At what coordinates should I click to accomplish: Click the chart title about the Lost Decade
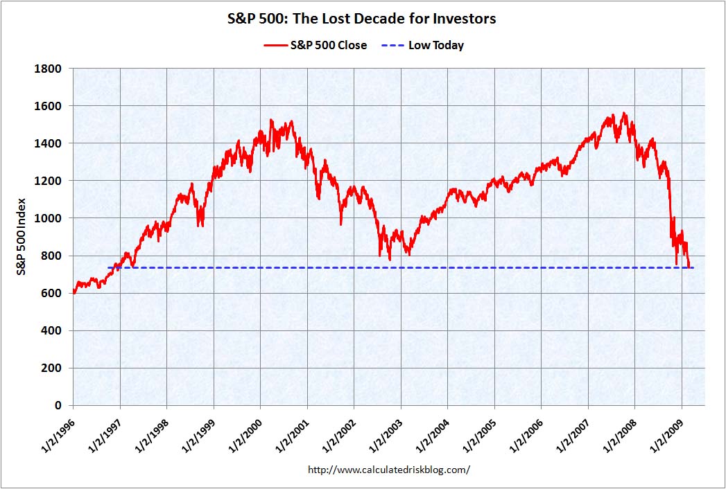pyautogui.click(x=363, y=19)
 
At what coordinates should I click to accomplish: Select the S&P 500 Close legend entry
pyautogui.click(x=315, y=45)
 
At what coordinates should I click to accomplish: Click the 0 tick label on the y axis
pyautogui.click(x=58, y=405)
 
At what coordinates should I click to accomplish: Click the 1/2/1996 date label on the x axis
pyautogui.click(x=58, y=435)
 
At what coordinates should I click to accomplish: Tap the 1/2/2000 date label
pyautogui.click(x=245, y=435)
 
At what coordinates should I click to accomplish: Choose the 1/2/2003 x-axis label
pyautogui.click(x=385, y=435)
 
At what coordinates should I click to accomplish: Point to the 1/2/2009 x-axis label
pyautogui.click(x=666, y=435)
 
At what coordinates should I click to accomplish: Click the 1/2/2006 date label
pyautogui.click(x=526, y=435)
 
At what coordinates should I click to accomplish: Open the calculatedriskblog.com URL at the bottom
pyautogui.click(x=388, y=470)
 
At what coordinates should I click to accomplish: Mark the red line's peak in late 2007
pyautogui.click(x=625, y=113)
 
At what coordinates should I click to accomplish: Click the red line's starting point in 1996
pyautogui.click(x=74, y=292)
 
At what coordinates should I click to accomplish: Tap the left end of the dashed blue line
pyautogui.click(x=108, y=267)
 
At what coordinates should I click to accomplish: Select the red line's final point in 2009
pyautogui.click(x=690, y=267)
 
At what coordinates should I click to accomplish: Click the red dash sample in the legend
pyautogui.click(x=275, y=45)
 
